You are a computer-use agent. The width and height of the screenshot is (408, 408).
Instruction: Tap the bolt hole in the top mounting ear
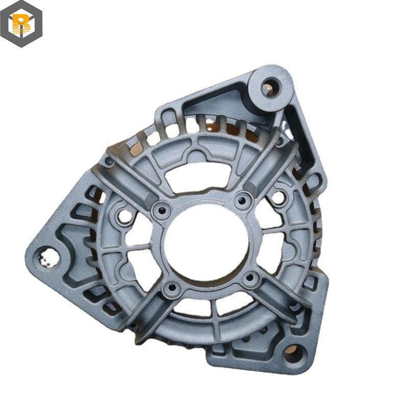click(271, 88)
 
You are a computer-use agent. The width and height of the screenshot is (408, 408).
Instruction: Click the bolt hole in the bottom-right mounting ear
click(294, 353)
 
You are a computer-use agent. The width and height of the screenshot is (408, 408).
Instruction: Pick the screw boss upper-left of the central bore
click(162, 211)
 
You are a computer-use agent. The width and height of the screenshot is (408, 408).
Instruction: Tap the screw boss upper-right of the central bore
click(243, 200)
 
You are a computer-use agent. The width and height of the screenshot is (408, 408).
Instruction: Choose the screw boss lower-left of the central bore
click(172, 288)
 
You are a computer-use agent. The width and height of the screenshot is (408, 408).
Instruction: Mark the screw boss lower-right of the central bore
click(250, 277)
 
